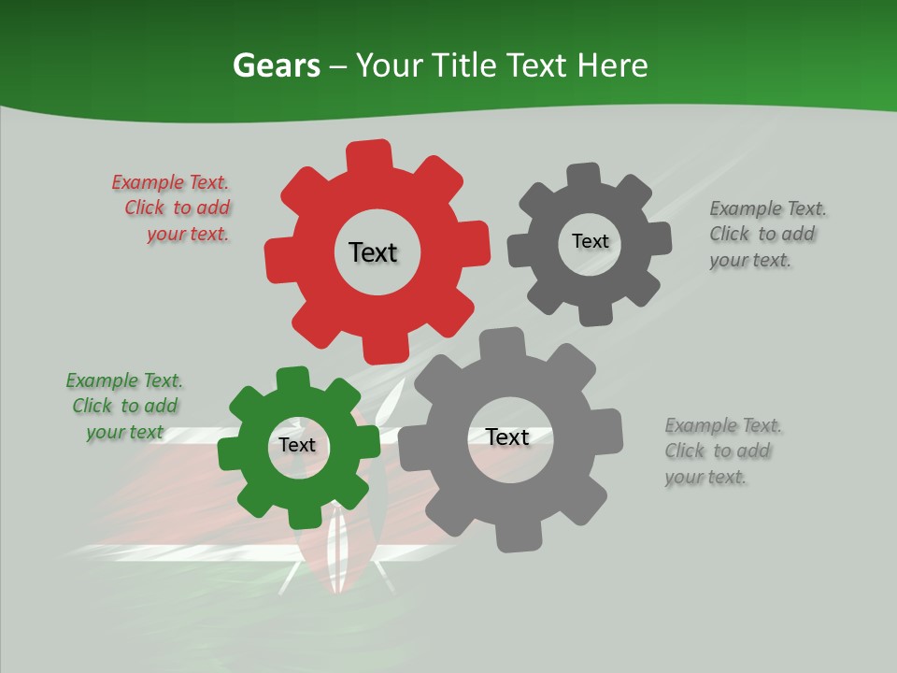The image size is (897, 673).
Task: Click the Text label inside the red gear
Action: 373,252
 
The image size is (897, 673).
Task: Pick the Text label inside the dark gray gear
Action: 590,241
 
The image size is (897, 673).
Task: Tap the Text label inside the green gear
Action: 297,445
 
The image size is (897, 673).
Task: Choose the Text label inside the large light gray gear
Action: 507,437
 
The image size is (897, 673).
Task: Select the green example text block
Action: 125,406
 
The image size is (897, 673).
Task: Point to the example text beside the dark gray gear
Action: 767,234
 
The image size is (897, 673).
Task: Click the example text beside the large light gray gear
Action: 722,451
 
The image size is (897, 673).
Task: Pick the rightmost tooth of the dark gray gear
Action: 660,237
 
